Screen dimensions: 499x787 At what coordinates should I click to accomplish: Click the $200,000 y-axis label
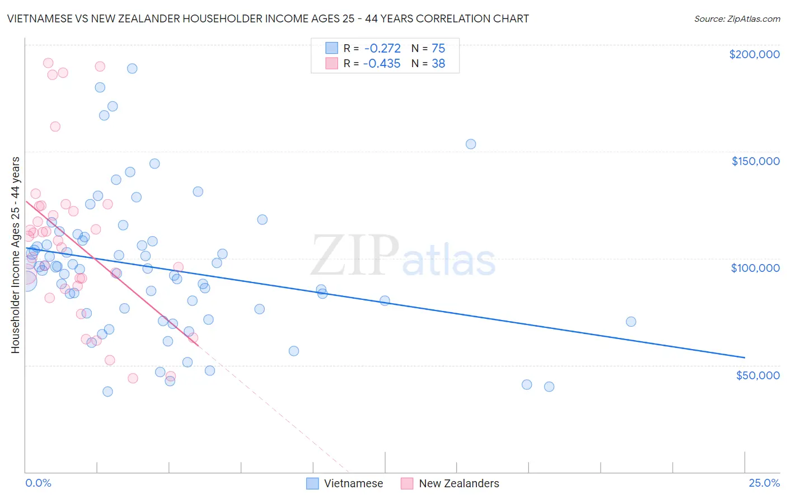[754, 54]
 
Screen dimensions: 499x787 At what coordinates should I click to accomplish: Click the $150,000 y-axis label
[755, 161]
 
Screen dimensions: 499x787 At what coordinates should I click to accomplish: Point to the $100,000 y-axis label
[755, 268]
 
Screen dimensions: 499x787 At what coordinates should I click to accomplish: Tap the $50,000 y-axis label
[757, 375]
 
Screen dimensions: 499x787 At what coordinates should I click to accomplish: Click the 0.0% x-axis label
[38, 483]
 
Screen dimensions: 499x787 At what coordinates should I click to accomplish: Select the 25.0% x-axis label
[764, 483]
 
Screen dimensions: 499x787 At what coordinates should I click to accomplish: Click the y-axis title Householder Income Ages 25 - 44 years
[15, 255]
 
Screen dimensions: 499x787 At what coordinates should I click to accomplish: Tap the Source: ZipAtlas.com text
[737, 18]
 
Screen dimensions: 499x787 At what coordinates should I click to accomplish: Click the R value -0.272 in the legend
[382, 49]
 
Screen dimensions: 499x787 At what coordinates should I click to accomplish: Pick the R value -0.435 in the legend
[382, 63]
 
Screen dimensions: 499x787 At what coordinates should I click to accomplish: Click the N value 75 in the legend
[438, 49]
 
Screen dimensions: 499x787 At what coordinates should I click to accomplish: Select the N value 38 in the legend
[438, 63]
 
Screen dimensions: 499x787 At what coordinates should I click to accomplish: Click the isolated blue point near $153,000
[471, 144]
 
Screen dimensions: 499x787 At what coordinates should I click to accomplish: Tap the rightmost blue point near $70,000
[631, 322]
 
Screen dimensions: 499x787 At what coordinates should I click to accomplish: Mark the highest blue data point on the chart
[132, 69]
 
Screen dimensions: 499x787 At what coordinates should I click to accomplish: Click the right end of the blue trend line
[744, 357]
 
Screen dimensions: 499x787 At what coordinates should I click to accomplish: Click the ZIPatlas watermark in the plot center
[403, 256]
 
